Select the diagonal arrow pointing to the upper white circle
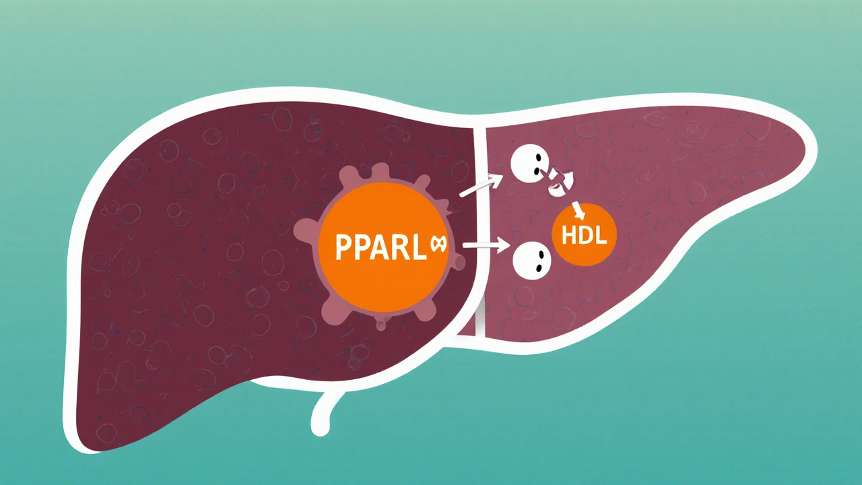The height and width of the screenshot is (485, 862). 481,186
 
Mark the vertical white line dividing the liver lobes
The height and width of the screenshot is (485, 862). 479,229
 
